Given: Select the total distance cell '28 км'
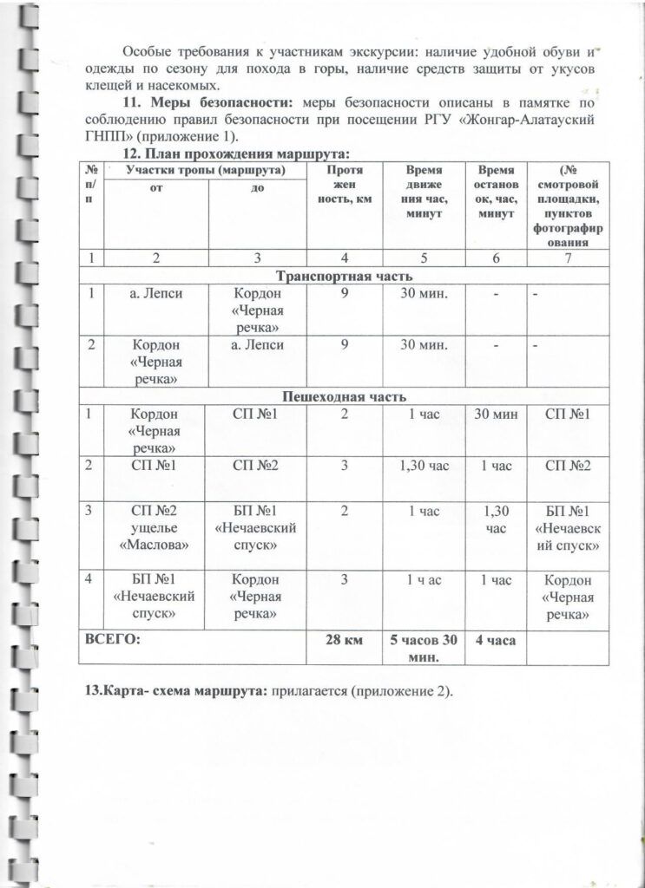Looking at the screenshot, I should pyautogui.click(x=346, y=640).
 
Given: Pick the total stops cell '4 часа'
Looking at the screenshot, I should pyautogui.click(x=496, y=640).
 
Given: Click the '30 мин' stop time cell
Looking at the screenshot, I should pyautogui.click(x=496, y=414).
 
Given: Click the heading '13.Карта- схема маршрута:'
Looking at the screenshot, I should pyautogui.click(x=176, y=695).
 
